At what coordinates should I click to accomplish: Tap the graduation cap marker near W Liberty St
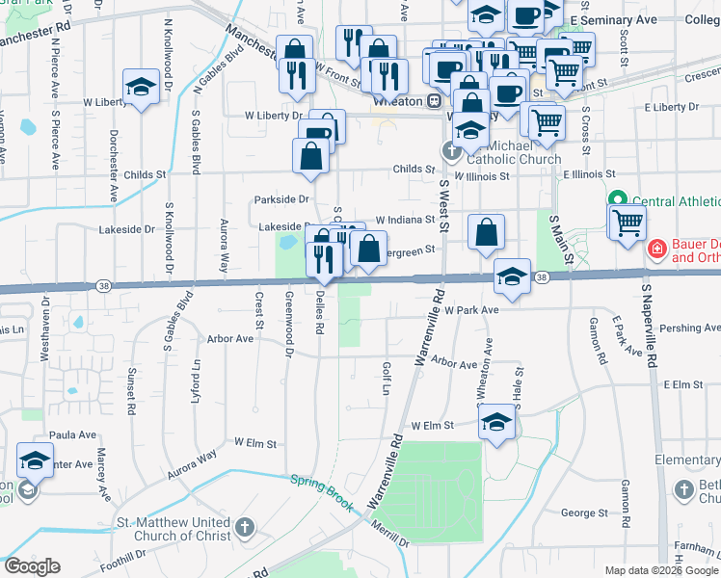142,89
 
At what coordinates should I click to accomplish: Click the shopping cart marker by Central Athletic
628,223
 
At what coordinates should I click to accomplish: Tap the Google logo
32,566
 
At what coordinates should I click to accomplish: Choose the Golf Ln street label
386,379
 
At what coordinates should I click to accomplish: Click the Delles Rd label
319,314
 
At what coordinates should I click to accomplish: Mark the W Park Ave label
471,310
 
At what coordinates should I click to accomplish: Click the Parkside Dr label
280,199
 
